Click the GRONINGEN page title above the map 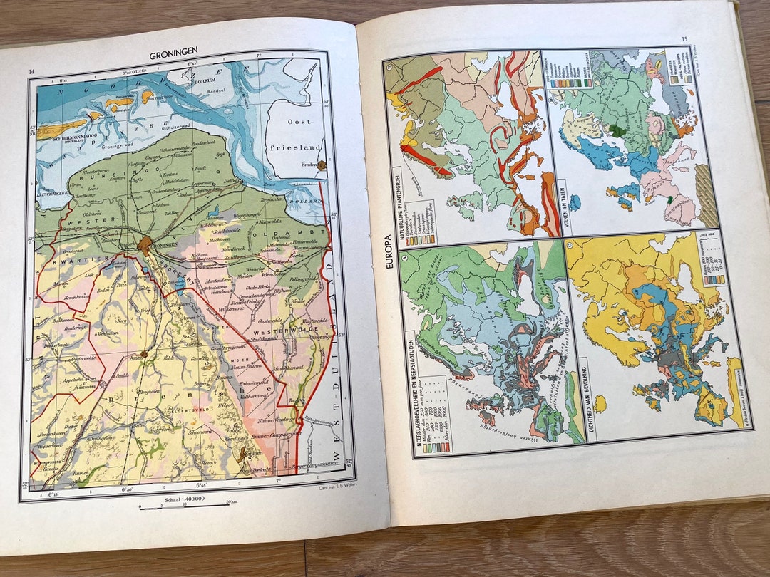click(173, 55)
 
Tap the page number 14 click(31, 72)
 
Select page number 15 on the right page click(684, 39)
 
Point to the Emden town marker click(322, 165)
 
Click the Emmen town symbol click(245, 452)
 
